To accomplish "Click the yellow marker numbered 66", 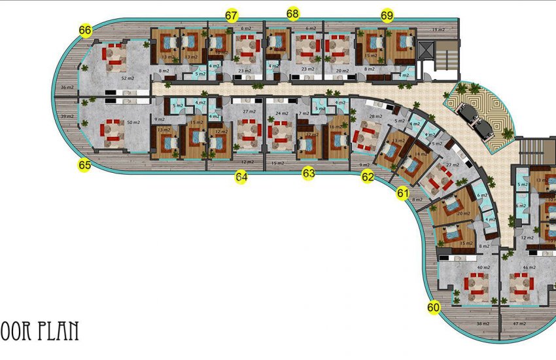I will coord(85,30).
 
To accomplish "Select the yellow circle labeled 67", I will coord(231,16).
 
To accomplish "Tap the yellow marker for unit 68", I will coord(293,14).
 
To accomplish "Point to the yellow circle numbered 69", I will coord(387,15).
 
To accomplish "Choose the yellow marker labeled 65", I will coord(84,165).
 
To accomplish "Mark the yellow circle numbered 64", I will coord(241,176).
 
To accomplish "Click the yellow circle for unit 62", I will coord(368,176).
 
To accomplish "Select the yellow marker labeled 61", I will coord(403,193).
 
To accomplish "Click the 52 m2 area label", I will coord(128,77).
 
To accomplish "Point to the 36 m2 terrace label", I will coord(67,87).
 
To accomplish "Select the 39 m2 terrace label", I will coord(67,116).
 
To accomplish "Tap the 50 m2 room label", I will coord(134,123).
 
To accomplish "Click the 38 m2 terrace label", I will coord(483,324).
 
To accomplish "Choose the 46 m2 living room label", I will coord(530,268).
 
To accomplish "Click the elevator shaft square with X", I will coord(425,50).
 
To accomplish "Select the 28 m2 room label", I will coord(375,117).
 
